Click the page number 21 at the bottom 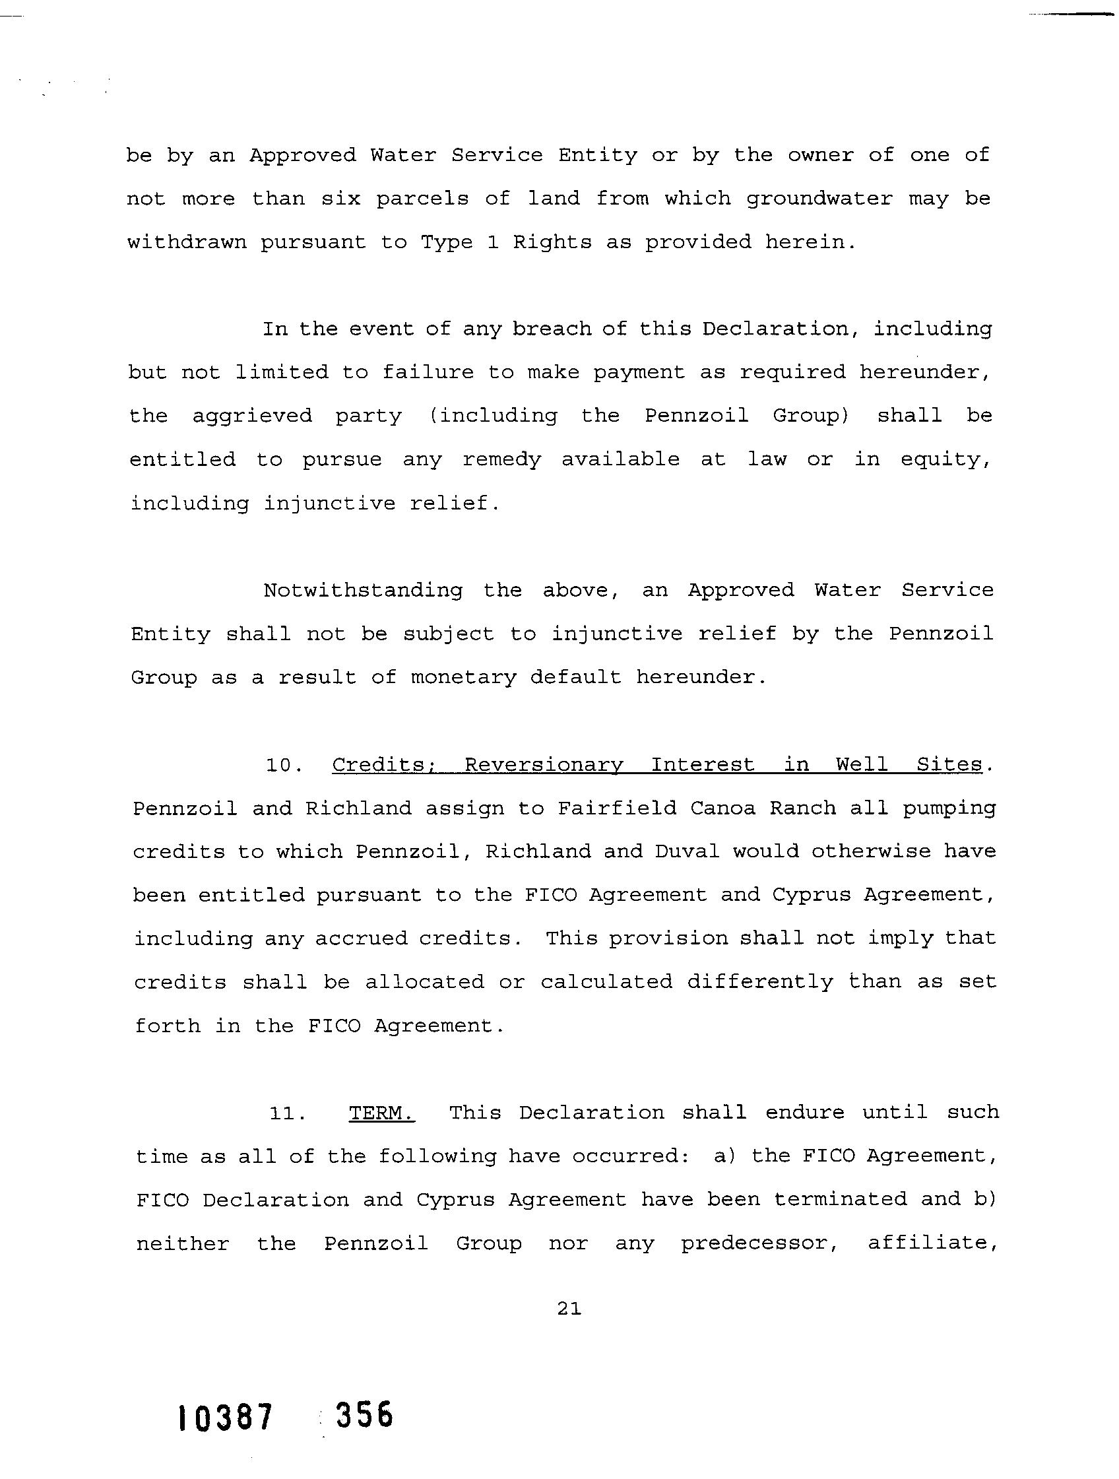pyautogui.click(x=569, y=1309)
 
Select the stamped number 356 pyautogui.click(x=364, y=1416)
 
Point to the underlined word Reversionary pyautogui.click(x=544, y=765)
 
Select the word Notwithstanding pyautogui.click(x=362, y=591)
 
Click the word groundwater pyautogui.click(x=819, y=199)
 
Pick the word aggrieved pyautogui.click(x=252, y=416)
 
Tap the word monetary pyautogui.click(x=463, y=678)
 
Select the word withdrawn pyautogui.click(x=187, y=242)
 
